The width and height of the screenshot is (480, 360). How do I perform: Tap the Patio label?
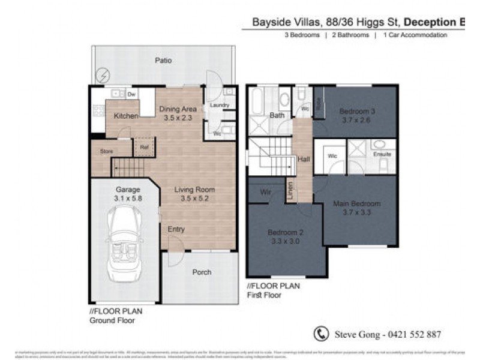(x=163, y=61)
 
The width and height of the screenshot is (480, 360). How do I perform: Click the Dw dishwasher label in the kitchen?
(x=131, y=95)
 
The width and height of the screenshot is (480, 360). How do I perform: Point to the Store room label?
(x=107, y=151)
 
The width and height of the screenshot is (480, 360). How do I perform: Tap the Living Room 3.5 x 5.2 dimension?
(x=194, y=197)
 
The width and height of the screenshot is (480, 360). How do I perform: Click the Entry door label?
(x=176, y=229)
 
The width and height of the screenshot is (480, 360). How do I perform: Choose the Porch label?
(x=202, y=272)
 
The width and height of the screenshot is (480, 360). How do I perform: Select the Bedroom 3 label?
(x=357, y=111)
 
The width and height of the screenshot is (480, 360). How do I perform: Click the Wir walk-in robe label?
(x=266, y=192)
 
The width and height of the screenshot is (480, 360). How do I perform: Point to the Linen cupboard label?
(x=290, y=191)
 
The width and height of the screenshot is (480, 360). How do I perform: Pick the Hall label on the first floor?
(x=304, y=160)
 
